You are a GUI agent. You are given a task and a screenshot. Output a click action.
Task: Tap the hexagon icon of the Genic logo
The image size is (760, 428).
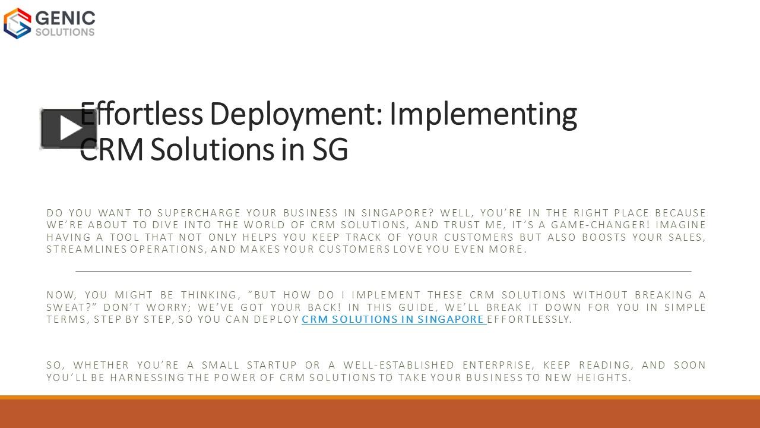click(x=17, y=23)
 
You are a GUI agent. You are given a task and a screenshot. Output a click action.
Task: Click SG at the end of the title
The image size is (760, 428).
click(x=330, y=150)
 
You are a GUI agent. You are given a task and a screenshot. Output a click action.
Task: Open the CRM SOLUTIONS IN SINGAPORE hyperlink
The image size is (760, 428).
click(x=394, y=319)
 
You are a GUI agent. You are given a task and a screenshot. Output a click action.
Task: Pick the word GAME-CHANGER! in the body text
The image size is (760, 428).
click(x=599, y=225)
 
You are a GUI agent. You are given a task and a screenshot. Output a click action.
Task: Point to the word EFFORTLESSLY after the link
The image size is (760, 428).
click(x=529, y=319)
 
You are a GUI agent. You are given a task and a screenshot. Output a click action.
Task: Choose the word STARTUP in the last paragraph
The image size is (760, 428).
click(x=270, y=365)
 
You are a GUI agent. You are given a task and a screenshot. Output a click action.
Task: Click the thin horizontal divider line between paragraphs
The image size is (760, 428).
click(x=384, y=271)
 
